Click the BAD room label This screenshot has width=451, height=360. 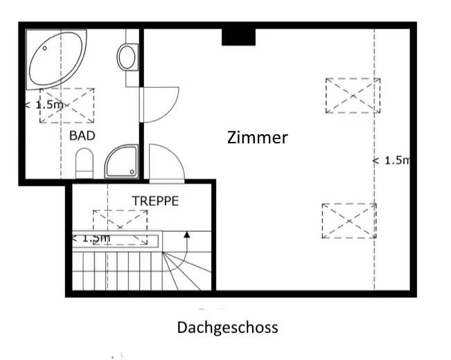pos(82,136)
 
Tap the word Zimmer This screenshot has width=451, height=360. pos(257,138)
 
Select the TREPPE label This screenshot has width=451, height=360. pos(155,201)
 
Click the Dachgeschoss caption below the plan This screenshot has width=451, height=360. pos(227,327)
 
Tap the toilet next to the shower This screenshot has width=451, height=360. pos(85,163)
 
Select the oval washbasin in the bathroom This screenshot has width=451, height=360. pos(127,57)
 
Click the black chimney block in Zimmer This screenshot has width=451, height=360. pos(238,35)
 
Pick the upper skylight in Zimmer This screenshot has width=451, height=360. pos(353,96)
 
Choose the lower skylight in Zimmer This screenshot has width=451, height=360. pos(349,221)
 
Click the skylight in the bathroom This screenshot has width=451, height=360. pos(67,105)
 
